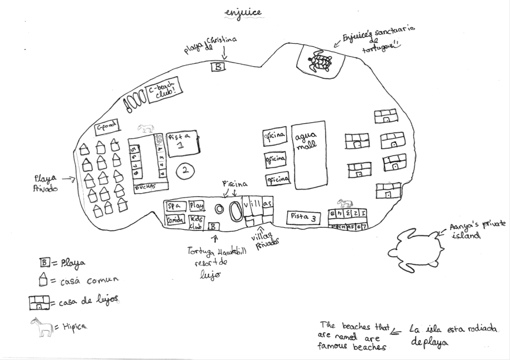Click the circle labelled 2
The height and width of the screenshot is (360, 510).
coord(185,171)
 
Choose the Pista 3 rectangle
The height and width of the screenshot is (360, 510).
coord(304,217)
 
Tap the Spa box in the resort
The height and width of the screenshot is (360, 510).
coord(175,206)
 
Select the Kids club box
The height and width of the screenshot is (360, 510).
coord(195,222)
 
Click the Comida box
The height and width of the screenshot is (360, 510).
coord(175,219)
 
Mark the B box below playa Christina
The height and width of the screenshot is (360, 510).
coord(219,66)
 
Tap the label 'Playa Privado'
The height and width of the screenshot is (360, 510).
coord(45,182)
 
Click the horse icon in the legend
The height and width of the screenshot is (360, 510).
coord(42,327)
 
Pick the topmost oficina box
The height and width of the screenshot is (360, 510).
coord(275,136)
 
